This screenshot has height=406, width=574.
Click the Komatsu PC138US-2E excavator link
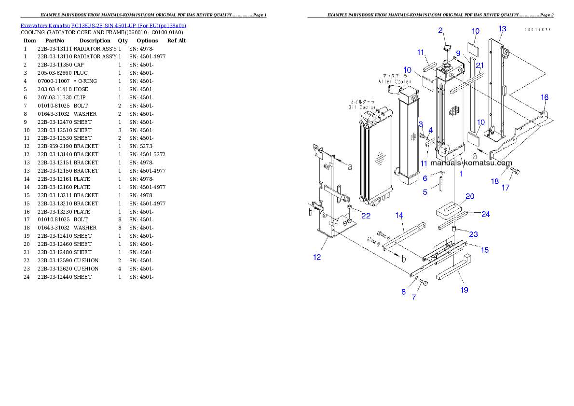pos(103,26)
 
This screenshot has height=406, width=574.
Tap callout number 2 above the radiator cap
pos(440,30)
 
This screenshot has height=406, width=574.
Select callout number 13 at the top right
pos(502,29)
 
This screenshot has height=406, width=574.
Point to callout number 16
pos(544,97)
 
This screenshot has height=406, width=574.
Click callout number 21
pos(479,65)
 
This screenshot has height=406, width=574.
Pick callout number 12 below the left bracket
pos(317,257)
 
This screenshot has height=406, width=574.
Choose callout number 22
pos(366,216)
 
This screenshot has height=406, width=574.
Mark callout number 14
pos(399,215)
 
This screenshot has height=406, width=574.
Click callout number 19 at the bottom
pos(464,290)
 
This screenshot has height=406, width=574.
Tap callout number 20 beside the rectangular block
pos(470,196)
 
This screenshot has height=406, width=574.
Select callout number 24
pos(486,214)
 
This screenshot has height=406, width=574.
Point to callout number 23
pos(474,234)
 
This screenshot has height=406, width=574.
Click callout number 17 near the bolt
pos(505,188)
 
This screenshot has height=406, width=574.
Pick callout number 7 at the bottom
pos(413,298)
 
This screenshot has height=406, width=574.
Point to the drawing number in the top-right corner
pos(537,29)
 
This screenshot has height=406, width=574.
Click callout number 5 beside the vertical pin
pos(425,192)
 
